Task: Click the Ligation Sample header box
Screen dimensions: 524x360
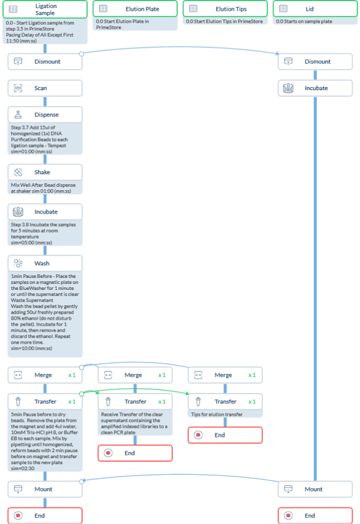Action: [x=45, y=9]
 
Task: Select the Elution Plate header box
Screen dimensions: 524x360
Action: [x=134, y=9]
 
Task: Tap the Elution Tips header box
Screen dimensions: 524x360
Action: [x=225, y=9]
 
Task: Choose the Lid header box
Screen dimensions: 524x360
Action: [x=314, y=9]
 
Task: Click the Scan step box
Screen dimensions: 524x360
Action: [x=45, y=88]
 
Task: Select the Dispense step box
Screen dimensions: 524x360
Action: [x=45, y=115]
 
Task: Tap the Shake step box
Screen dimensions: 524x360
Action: [x=45, y=172]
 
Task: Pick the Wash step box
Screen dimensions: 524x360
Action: [x=45, y=264]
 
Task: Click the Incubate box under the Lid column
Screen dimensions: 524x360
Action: [x=314, y=88]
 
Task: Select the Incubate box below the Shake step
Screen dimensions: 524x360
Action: [x=45, y=212]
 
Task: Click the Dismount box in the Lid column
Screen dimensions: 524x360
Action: [x=314, y=62]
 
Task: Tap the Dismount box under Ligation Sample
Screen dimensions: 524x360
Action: [x=45, y=62]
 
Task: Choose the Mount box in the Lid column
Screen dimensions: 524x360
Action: [x=314, y=489]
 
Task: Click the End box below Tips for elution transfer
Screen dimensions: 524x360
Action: [x=225, y=435]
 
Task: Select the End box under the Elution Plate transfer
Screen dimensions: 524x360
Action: [x=135, y=453]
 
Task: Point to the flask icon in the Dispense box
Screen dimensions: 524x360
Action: [x=18, y=115]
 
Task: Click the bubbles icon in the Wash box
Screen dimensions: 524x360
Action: [x=18, y=264]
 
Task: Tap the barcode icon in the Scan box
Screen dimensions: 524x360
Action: [x=18, y=88]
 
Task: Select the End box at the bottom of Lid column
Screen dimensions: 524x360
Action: [x=314, y=516]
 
